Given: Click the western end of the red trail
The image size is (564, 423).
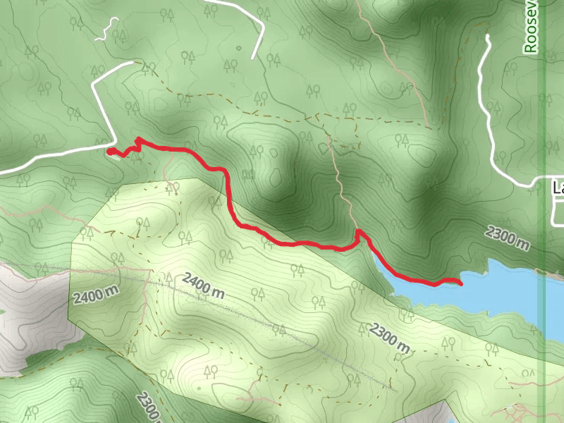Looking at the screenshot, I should [x=109, y=150].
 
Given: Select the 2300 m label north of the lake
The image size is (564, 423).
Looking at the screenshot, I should [x=508, y=238].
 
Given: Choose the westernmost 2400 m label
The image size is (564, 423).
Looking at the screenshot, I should [x=94, y=294].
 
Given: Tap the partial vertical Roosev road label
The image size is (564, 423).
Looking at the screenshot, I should [x=531, y=28].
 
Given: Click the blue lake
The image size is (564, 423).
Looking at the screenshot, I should [x=493, y=289].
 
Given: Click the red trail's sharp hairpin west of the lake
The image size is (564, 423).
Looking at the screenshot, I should [x=358, y=231].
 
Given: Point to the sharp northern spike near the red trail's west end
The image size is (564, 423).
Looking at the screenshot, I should [x=137, y=139].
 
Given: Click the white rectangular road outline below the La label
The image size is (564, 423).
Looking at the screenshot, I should [x=557, y=211].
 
